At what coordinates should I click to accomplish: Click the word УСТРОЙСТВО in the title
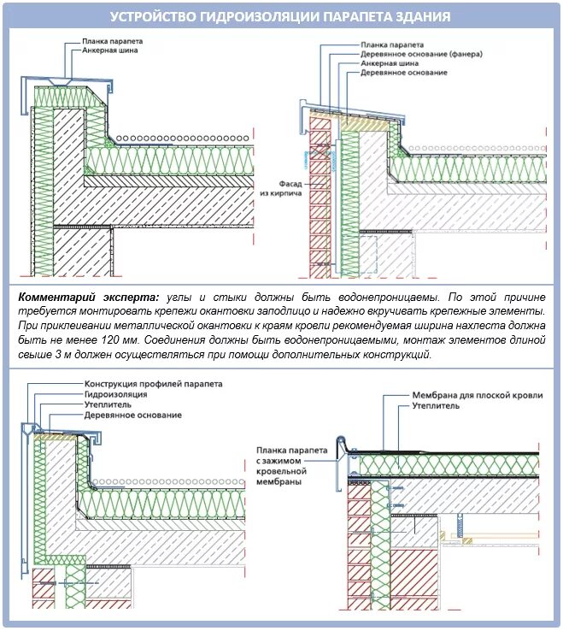156,17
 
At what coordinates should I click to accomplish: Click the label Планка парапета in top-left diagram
112,40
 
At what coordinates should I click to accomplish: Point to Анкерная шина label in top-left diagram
109,50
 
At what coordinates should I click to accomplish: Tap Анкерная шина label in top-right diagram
389,63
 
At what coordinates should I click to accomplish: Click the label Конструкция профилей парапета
153,384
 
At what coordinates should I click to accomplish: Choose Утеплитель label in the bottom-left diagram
107,404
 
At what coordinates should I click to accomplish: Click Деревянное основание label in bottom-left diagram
132,415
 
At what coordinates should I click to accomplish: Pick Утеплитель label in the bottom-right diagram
437,407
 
